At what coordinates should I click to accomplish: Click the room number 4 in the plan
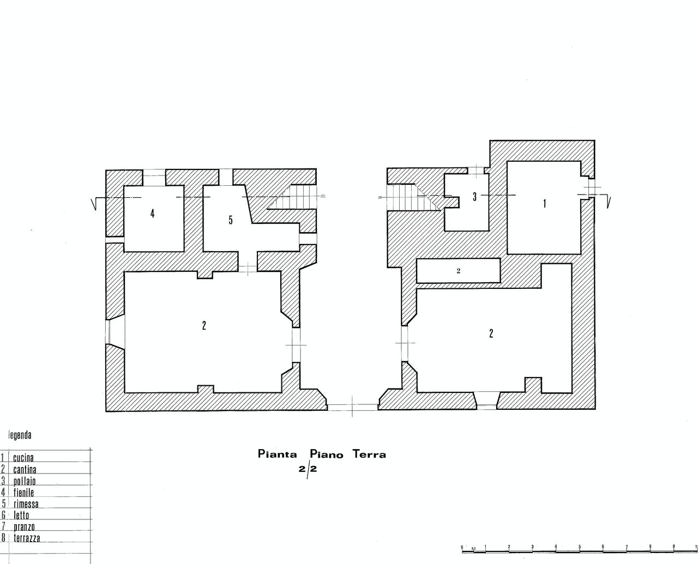pos(152,214)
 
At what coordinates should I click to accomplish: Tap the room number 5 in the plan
pos(231,220)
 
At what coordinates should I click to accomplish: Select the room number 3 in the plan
pos(474,197)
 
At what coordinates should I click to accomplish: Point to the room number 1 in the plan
pos(545,203)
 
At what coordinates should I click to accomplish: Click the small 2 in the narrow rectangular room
pos(458,270)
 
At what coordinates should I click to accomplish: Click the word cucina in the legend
pos(23,458)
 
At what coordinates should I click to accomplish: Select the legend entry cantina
pos(25,469)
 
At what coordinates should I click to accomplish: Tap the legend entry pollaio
pos(24,481)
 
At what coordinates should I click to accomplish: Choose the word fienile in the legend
pos(23,492)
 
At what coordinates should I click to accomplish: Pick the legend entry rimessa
pos(26,504)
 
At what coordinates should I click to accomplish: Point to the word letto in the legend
pos(21,515)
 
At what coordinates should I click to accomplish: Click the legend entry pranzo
pos(24,527)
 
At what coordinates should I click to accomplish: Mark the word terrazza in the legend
pos(27,538)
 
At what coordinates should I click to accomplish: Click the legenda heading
pos(20,435)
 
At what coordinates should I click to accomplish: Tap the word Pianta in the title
pos(277,454)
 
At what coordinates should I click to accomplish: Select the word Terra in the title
pos(369,454)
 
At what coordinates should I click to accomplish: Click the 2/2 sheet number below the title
pos(308,470)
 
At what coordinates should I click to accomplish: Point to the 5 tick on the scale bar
pos(579,547)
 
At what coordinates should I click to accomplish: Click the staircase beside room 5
pos(292,197)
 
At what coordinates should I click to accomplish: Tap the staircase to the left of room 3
pos(413,197)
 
